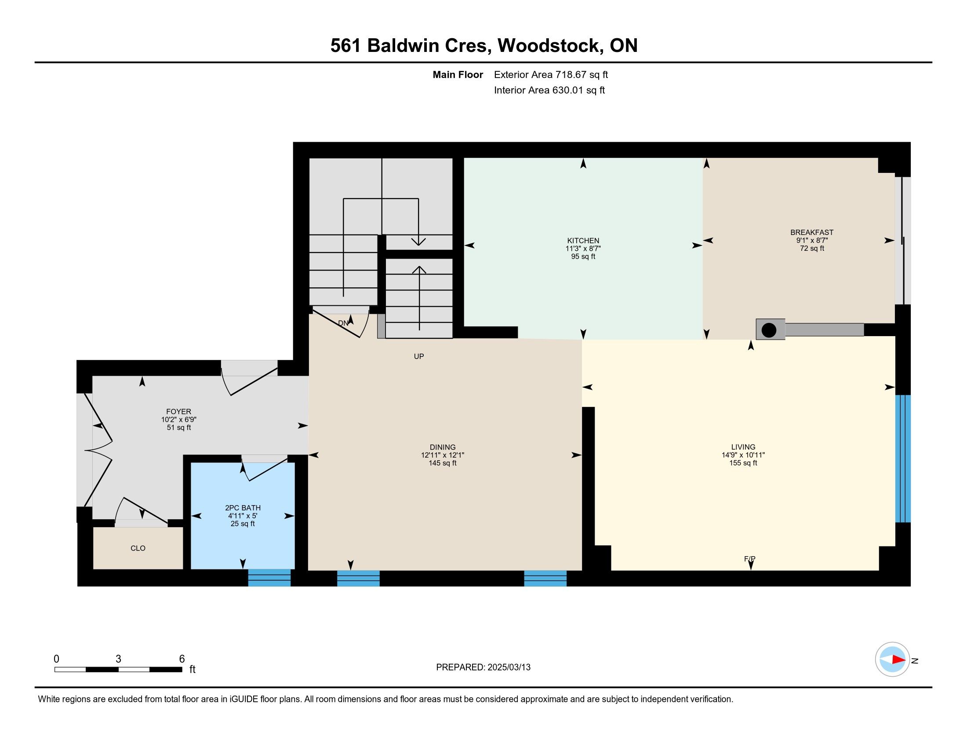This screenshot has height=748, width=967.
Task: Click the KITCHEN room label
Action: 583,241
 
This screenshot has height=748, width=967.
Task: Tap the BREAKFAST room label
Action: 811,232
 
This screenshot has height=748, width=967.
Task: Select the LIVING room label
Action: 743,447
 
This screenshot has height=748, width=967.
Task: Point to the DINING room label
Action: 442,447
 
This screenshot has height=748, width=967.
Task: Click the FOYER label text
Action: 178,412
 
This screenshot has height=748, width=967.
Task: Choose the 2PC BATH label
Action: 243,508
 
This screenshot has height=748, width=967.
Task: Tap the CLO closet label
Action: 138,548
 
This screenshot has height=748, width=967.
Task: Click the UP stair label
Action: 419,356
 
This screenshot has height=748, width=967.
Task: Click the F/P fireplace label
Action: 749,559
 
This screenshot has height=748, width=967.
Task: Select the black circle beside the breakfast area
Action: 769,330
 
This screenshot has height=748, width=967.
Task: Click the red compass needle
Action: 898,660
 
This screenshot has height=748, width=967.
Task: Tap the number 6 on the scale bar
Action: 182,659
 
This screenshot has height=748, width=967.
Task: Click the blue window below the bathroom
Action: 269,578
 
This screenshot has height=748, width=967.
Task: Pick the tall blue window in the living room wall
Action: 903,458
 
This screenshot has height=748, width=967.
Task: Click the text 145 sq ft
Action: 442,463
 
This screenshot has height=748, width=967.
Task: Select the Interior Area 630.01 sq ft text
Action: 549,90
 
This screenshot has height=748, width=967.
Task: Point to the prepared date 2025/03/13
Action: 509,667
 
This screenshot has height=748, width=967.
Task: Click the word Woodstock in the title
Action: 548,46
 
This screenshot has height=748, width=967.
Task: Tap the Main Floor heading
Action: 458,75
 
